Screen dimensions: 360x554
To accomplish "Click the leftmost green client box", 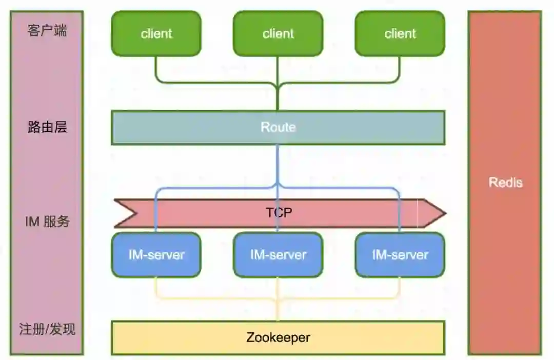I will (x=156, y=34).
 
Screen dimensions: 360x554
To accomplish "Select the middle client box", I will (x=278, y=34).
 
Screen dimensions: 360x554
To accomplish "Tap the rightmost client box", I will (x=400, y=34).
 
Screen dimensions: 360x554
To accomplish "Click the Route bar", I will (x=278, y=127).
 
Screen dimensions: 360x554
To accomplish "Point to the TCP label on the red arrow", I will (x=279, y=212).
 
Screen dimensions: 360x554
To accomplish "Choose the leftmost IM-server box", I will (x=156, y=255).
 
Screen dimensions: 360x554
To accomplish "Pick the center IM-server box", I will (x=278, y=255).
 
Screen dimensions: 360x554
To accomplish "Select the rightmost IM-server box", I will (x=400, y=255).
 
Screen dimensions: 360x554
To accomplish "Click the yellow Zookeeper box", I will (x=278, y=337).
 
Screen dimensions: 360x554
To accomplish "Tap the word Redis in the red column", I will (x=505, y=182).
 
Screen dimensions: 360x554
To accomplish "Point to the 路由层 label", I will (x=47, y=127).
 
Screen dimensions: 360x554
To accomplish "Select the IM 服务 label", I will (x=47, y=222).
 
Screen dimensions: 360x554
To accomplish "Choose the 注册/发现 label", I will (x=47, y=329).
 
